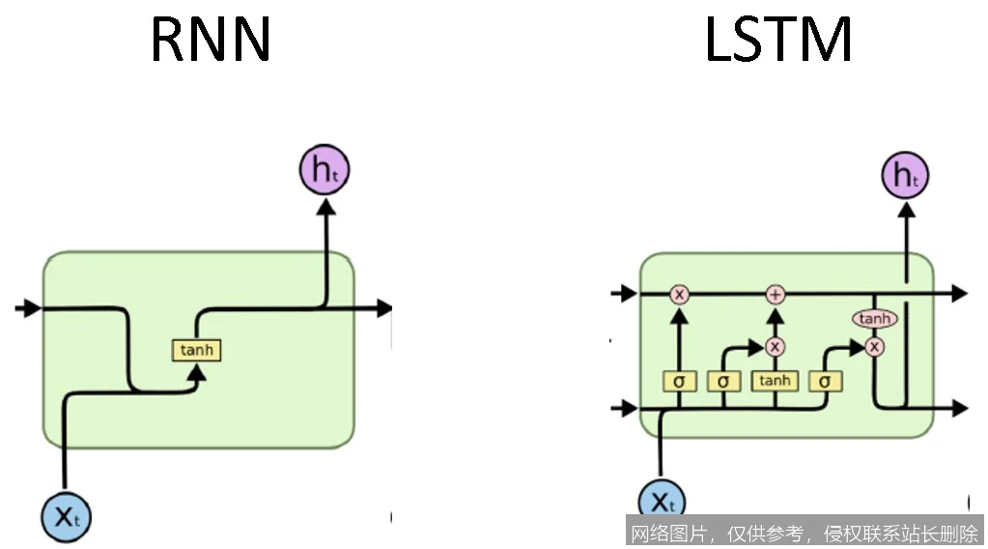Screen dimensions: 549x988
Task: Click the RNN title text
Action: click(210, 41)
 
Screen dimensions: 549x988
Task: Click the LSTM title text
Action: click(778, 41)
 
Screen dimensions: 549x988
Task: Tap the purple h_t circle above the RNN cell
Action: click(324, 170)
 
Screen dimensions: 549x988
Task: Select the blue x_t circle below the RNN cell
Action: click(66, 516)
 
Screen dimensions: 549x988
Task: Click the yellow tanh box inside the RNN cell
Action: click(196, 350)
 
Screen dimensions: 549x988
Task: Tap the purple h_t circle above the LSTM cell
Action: click(906, 175)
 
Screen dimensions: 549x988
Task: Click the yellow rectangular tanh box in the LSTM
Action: click(775, 381)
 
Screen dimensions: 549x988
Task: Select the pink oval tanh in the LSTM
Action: click(874, 319)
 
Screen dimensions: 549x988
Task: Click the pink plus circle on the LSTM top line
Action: click(775, 294)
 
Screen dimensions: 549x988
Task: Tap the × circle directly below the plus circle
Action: click(775, 346)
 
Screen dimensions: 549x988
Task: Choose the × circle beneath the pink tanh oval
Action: click(874, 346)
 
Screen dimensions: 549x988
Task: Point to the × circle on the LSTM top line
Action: click(679, 294)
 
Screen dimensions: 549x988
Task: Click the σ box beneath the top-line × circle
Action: click(679, 381)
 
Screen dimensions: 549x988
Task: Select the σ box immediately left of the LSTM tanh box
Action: click(723, 381)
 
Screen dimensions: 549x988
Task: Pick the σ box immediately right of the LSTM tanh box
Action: click(825, 381)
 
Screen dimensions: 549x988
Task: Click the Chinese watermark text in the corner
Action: click(804, 533)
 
